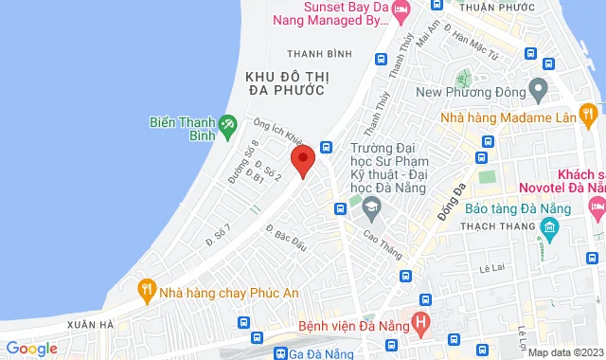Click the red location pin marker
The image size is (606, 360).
tap(302, 159)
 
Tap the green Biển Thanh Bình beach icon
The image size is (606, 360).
tap(227, 124)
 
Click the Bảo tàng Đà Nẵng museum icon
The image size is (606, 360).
tap(549, 227)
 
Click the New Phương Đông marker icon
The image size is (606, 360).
tap(538, 92)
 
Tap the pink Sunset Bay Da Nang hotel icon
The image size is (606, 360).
tap(401, 11)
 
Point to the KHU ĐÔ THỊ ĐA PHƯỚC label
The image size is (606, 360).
tap(284, 81)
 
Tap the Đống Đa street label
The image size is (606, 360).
tap(447, 198)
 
